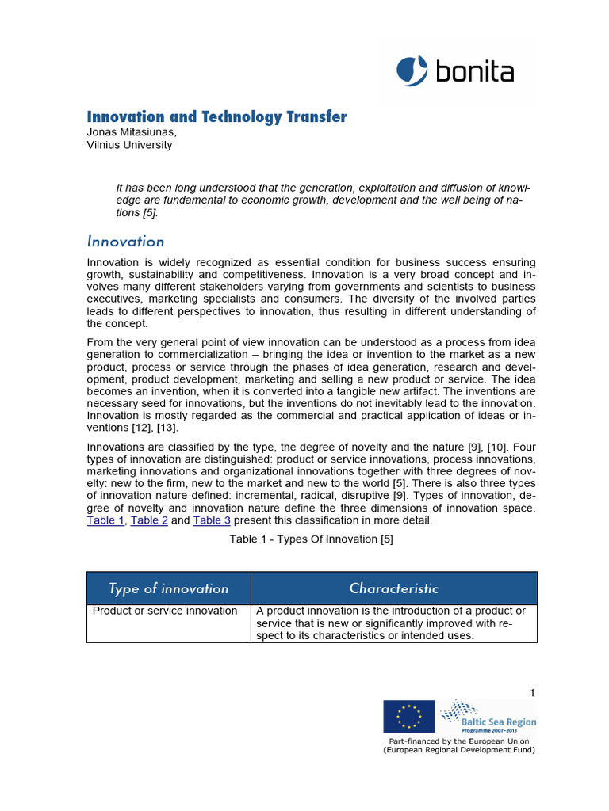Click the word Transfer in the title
(316, 117)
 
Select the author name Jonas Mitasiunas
(132, 133)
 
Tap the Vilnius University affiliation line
(129, 145)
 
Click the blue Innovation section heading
(125, 242)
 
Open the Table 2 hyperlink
(149, 520)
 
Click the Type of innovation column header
(168, 588)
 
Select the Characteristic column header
(393, 588)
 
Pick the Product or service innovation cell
(165, 611)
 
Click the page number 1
(533, 693)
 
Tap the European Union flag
(408, 716)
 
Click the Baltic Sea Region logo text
(499, 722)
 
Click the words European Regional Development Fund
(459, 749)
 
